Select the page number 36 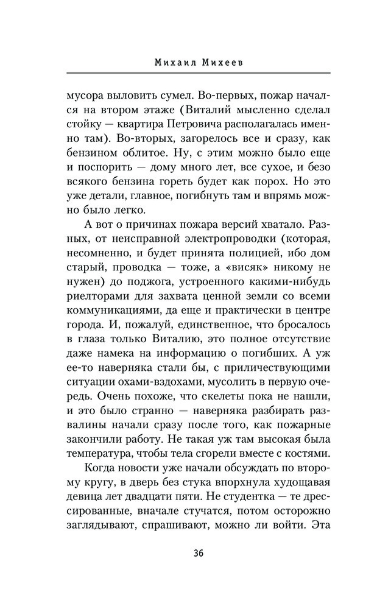click(189, 553)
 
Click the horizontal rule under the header click(189, 73)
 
